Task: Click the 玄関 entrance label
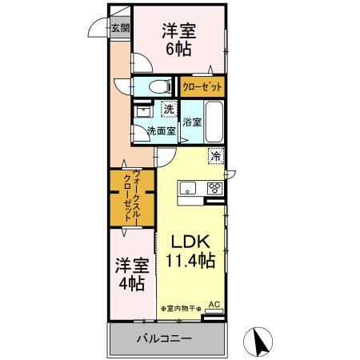[121, 28]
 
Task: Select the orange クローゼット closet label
[201, 86]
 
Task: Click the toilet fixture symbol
[158, 86]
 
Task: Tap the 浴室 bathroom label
[191, 122]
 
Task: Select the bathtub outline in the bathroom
[214, 121]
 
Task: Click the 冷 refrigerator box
[215, 157]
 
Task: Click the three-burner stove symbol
[214, 189]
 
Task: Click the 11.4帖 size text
[190, 260]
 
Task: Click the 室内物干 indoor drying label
[178, 308]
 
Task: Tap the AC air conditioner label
[214, 304]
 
